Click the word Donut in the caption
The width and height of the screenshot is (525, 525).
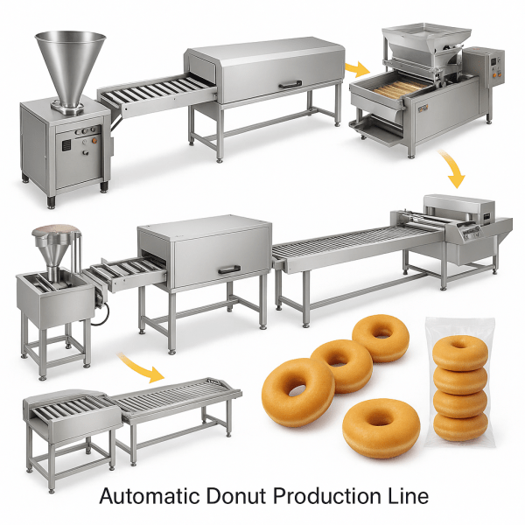point(235,495)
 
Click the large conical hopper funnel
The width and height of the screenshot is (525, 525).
point(70,68)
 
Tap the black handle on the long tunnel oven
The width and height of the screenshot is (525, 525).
point(290,84)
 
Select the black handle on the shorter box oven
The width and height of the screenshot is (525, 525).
point(229,269)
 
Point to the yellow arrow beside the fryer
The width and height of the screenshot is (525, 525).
point(357,69)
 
